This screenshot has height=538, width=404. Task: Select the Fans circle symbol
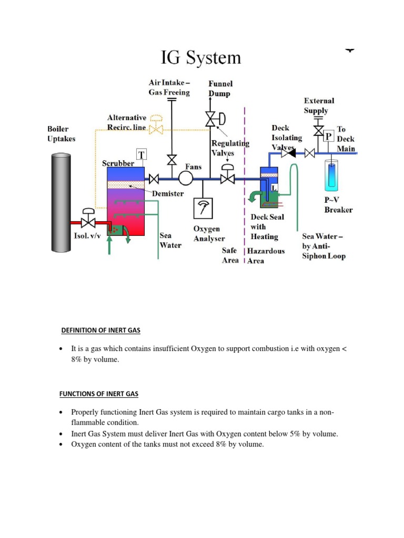(185, 179)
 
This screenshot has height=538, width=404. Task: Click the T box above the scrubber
(142, 154)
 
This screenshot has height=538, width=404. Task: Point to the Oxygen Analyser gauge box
(202, 209)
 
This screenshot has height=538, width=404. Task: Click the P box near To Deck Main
(329, 136)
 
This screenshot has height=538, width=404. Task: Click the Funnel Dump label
(220, 88)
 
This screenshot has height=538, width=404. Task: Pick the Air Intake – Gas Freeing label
(169, 87)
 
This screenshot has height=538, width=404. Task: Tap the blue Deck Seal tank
(269, 184)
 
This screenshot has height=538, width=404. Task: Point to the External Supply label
(319, 106)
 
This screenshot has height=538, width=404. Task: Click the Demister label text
(168, 194)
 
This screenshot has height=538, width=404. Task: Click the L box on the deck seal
(275, 188)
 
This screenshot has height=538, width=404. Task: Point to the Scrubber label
(118, 163)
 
